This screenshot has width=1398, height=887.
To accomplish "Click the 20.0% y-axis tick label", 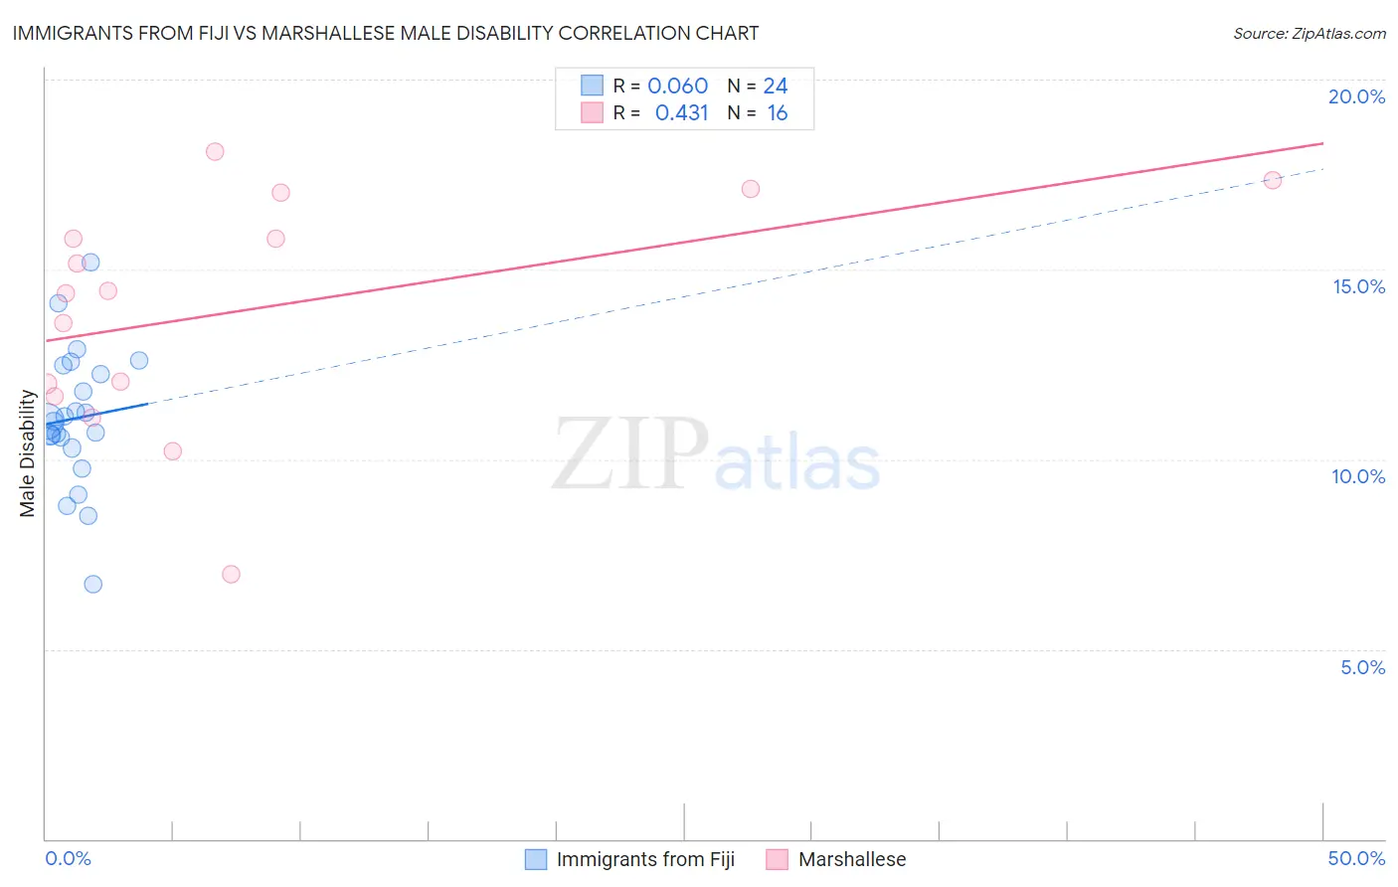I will [x=1356, y=96].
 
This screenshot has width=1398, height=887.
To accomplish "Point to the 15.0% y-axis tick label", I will [x=1358, y=286].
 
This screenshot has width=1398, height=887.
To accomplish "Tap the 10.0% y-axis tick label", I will [x=1358, y=476].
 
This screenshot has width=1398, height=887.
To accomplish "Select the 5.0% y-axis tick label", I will [x=1362, y=667].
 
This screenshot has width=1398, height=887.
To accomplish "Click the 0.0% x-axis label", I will [x=68, y=858].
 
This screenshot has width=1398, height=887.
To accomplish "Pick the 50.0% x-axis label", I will [x=1356, y=858].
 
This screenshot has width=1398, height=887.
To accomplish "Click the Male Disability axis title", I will [x=28, y=452].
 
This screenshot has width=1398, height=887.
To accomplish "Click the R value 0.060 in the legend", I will [x=677, y=87].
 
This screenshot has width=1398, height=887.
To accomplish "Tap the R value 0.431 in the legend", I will [x=681, y=113].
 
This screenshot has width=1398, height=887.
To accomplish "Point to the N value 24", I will [x=776, y=87].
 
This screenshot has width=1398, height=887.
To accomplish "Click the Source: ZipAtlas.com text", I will [x=1309, y=34].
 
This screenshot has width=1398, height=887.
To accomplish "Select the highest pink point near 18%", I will [x=215, y=152].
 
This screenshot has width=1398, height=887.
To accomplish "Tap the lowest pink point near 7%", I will [x=231, y=574].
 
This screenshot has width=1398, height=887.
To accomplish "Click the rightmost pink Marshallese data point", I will [x=1272, y=180].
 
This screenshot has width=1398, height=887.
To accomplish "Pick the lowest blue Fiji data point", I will [x=92, y=584].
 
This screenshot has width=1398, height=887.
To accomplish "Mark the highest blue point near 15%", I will [x=90, y=263].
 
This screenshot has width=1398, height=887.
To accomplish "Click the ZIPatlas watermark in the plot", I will [x=716, y=455].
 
